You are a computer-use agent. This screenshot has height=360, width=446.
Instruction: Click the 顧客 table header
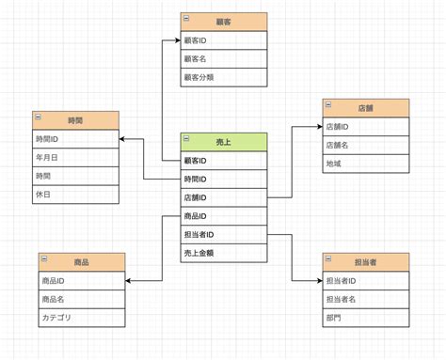point(224,22)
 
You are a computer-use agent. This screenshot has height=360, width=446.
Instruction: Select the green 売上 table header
point(224,142)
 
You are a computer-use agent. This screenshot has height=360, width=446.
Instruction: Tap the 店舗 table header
point(366,107)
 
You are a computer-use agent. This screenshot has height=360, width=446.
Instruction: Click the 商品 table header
point(81,262)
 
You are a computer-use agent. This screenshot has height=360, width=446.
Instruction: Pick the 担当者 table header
point(366,262)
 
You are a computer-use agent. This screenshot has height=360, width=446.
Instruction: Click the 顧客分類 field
point(224,77)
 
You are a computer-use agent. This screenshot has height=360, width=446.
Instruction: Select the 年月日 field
point(75,157)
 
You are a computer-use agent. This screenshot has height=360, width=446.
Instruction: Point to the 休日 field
point(75,194)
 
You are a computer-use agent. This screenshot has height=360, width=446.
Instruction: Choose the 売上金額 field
point(224,253)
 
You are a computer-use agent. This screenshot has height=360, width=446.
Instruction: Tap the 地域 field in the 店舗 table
point(366,163)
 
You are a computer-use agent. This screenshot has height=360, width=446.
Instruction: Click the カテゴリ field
point(81,317)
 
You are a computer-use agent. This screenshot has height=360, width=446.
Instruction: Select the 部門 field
point(366,317)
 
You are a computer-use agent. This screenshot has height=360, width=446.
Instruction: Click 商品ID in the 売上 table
point(224,216)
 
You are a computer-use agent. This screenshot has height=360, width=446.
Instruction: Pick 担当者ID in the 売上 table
point(224,234)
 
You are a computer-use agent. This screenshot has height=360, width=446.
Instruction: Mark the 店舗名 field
point(366,145)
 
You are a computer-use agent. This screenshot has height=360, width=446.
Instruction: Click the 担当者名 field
point(366,299)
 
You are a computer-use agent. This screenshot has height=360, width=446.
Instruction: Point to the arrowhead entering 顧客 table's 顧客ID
point(177,40)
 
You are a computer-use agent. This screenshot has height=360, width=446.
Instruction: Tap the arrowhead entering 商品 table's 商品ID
point(128,281)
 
